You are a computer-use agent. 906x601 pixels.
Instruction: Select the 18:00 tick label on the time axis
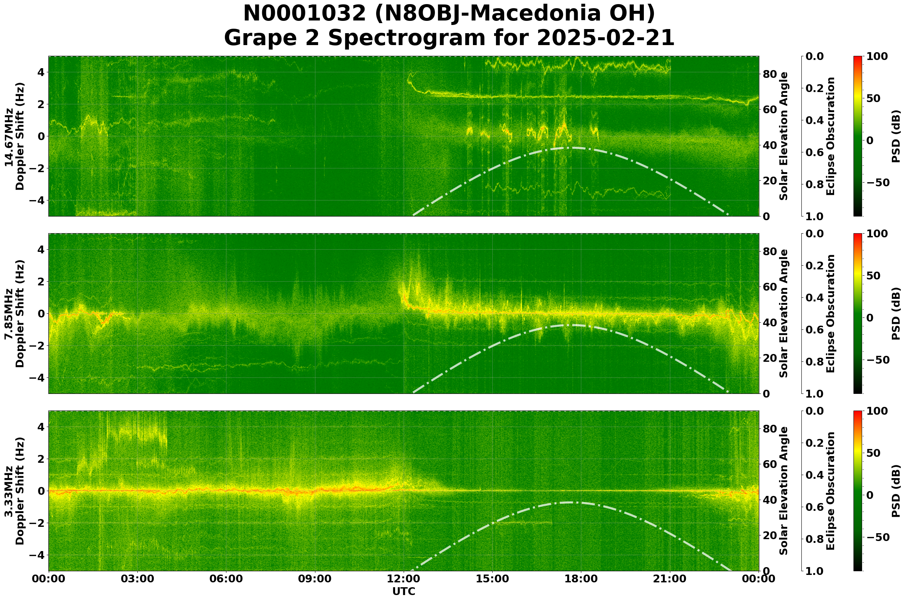pyautogui.click(x=581, y=579)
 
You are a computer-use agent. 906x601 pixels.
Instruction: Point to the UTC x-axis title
pyautogui.click(x=404, y=591)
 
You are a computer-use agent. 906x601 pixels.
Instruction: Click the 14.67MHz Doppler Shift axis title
pyautogui.click(x=15, y=136)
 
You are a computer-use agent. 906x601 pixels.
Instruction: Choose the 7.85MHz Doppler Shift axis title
pyautogui.click(x=15, y=313)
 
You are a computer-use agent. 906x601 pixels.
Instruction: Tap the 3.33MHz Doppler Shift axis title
pyautogui.click(x=15, y=491)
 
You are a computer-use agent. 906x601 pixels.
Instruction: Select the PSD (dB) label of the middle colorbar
pyautogui.click(x=896, y=313)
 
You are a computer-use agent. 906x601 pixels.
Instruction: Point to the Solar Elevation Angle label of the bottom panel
pyautogui.click(x=784, y=491)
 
